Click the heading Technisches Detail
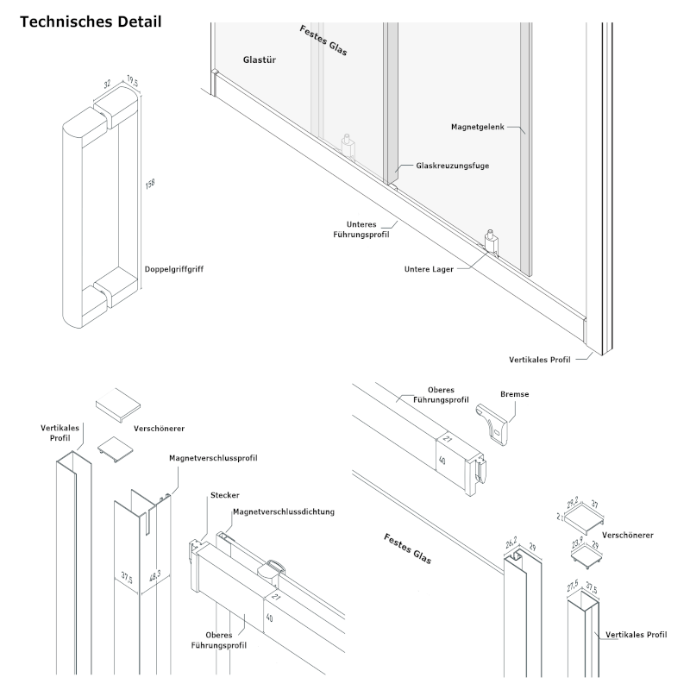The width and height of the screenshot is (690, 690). [90, 22]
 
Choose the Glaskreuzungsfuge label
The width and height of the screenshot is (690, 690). [452, 165]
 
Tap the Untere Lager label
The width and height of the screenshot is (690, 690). [430, 268]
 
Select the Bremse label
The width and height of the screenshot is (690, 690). [514, 394]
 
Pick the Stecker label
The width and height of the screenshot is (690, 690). [224, 495]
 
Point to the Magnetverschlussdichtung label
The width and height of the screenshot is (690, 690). [282, 511]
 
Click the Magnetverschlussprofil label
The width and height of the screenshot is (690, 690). [214, 458]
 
